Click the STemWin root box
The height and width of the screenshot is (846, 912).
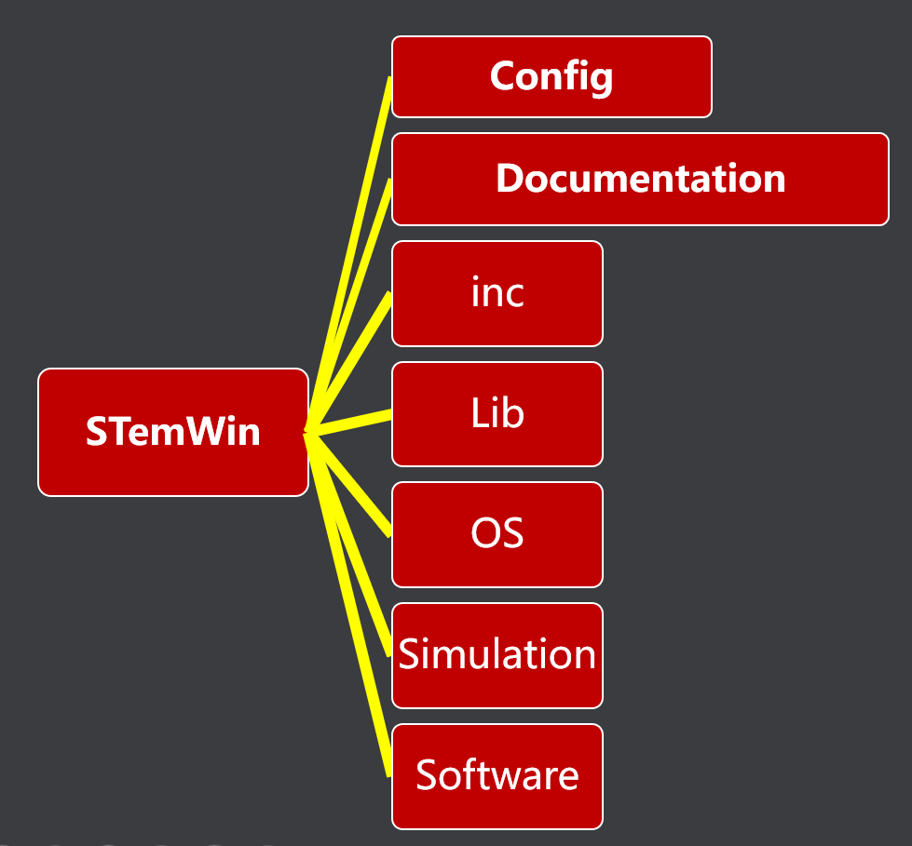coord(172,432)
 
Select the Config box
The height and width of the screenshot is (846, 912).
coord(551,76)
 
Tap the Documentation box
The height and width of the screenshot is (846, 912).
coord(640,179)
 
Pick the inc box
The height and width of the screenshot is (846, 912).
coord(497,293)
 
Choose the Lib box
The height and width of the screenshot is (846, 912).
coord(497,413)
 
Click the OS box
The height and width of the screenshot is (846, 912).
coord(497,534)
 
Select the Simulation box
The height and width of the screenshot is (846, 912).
coord(497,655)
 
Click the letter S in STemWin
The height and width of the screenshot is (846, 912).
coord(95,432)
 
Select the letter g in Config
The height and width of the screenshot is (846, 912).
coord(602,79)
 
